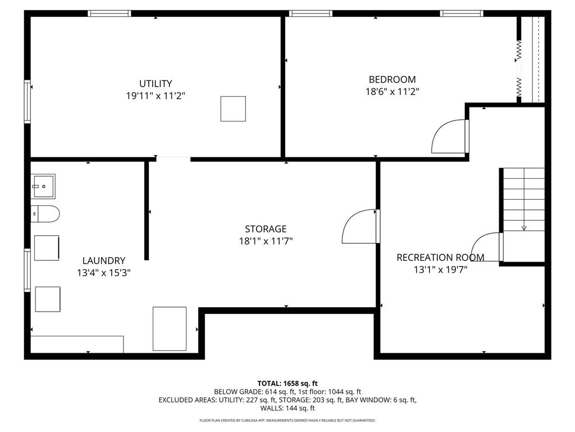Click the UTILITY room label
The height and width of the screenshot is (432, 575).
click(156, 84)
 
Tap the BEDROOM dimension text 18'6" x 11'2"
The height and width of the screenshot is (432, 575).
click(392, 92)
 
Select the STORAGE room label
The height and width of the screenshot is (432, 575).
click(266, 229)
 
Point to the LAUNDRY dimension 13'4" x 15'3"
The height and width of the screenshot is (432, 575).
click(104, 273)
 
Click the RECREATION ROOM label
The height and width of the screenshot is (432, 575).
click(440, 258)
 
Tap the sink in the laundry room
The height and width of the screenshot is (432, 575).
click(43, 186)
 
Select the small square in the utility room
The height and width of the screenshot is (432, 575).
click(232, 109)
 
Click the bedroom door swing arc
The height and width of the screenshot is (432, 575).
click(448, 137)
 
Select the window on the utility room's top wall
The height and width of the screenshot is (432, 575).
click(110, 13)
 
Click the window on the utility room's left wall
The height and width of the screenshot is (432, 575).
click(27, 101)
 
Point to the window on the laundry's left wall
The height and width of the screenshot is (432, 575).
click(27, 271)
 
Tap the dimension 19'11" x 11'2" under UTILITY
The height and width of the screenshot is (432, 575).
click(156, 96)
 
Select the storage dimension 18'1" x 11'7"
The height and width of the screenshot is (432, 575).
click(266, 241)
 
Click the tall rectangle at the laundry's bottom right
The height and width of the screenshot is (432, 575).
click(170, 328)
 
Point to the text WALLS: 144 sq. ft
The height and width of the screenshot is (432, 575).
click(287, 408)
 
